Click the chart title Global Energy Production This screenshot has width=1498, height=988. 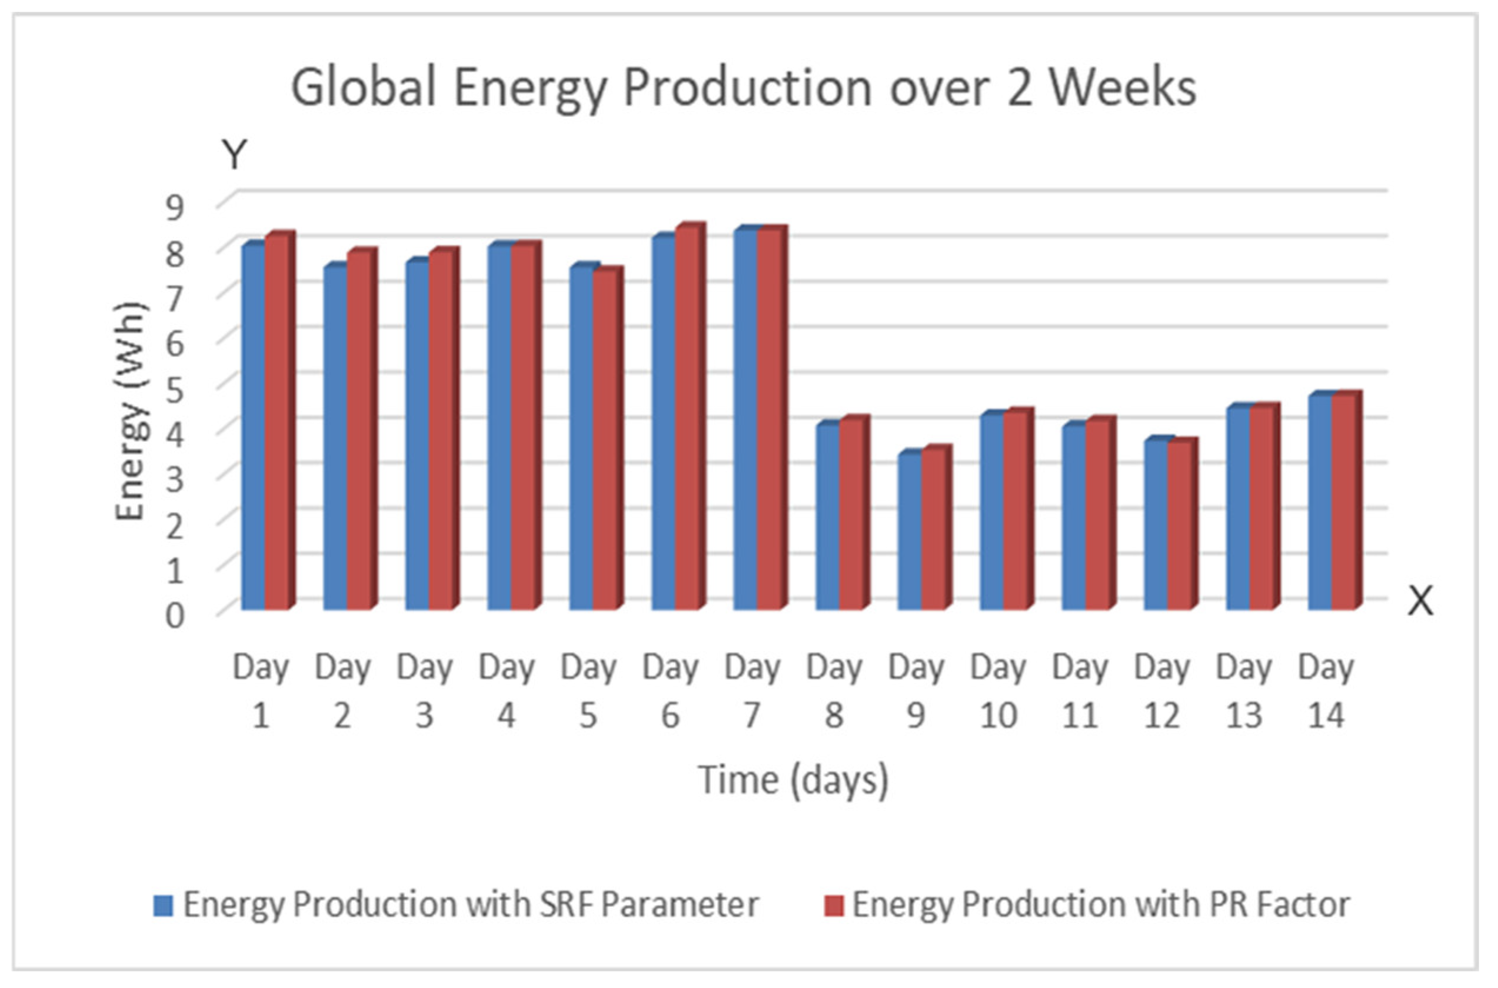pos(743,88)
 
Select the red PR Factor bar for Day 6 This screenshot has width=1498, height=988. pos(688,419)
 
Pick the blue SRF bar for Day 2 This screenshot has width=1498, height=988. pos(335,438)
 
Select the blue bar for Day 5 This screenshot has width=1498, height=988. pos(581,438)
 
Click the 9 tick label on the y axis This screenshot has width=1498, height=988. pos(175,207)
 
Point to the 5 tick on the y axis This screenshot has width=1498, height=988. pos(175,390)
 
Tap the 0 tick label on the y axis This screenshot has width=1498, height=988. pos(175,615)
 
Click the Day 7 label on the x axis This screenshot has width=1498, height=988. pos(752,691)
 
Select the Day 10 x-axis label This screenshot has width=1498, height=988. pos(998,691)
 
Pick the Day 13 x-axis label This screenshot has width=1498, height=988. pos(1243,691)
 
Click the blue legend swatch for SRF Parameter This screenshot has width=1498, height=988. pos(163,906)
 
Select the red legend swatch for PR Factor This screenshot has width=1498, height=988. pos(833,906)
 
